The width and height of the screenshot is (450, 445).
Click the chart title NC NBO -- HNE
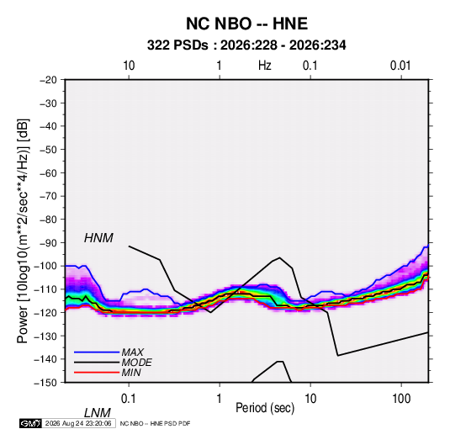[x=246, y=24]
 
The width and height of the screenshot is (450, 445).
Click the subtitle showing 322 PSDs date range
[x=246, y=45]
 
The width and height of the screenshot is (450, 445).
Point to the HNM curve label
[x=98, y=238]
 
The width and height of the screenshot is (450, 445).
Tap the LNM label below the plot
[x=97, y=413]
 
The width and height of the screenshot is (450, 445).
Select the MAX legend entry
[x=132, y=352]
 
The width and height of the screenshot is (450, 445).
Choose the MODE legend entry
[x=136, y=363]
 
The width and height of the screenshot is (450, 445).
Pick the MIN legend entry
[x=131, y=373]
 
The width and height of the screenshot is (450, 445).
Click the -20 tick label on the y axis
[x=48, y=80]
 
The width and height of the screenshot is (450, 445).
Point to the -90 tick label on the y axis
[x=48, y=242]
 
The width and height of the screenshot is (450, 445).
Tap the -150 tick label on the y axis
[x=45, y=383]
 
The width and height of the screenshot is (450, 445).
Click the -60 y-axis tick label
[x=48, y=172]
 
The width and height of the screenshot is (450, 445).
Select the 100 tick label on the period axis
[x=401, y=399]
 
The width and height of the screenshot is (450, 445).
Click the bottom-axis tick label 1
[x=220, y=399]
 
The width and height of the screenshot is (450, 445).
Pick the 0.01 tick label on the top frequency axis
[x=400, y=66]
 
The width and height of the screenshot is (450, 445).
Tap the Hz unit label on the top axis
[x=265, y=66]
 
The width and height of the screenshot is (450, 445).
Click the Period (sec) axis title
[x=265, y=408]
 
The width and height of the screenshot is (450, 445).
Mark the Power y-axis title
[x=23, y=230]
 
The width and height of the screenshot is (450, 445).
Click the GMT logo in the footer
[x=30, y=423]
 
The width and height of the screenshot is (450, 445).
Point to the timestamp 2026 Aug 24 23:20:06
[x=78, y=423]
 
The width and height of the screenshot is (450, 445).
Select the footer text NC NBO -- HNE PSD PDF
[x=155, y=423]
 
